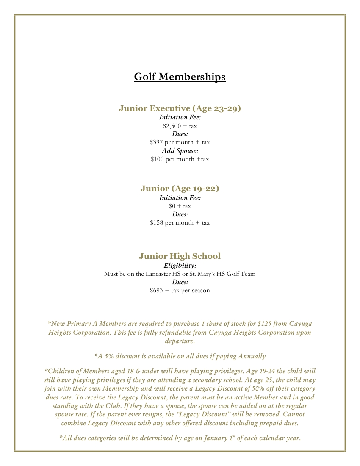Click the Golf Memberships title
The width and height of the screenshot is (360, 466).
pyautogui.click(x=180, y=77)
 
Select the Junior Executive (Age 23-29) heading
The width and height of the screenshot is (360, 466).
pyautogui.click(x=180, y=108)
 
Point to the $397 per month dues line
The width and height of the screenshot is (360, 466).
pyautogui.click(x=180, y=142)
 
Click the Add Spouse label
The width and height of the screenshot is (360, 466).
pyautogui.click(x=180, y=151)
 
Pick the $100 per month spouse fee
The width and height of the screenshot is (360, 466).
pyautogui.click(x=180, y=159)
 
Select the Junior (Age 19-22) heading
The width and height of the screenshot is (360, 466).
pyautogui.click(x=180, y=189)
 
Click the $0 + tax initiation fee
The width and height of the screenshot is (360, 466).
pyautogui.click(x=180, y=206)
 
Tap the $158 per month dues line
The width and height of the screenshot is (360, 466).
pyautogui.click(x=180, y=223)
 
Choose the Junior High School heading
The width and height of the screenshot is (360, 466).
pyautogui.click(x=180, y=256)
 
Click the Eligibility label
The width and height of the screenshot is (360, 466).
pyautogui.click(x=180, y=266)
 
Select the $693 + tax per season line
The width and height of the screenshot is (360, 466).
pyautogui.click(x=180, y=291)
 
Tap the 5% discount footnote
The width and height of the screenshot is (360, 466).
pyautogui.click(x=180, y=356)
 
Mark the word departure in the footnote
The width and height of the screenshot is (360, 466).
pyautogui.click(x=180, y=341)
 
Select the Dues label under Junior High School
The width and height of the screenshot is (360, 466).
pyautogui.click(x=180, y=282)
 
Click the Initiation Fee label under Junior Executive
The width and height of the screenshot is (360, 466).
pyautogui.click(x=180, y=117)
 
